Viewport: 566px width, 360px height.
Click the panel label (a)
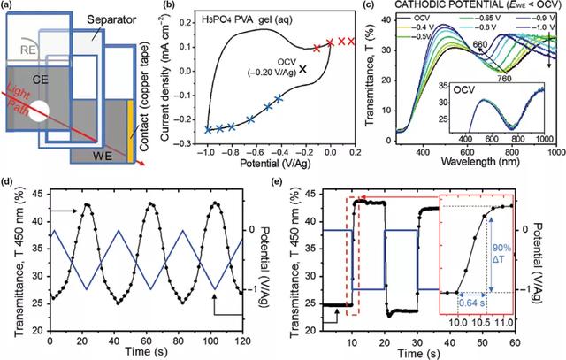pos(10,8)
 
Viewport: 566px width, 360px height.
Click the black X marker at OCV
pos(304,67)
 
